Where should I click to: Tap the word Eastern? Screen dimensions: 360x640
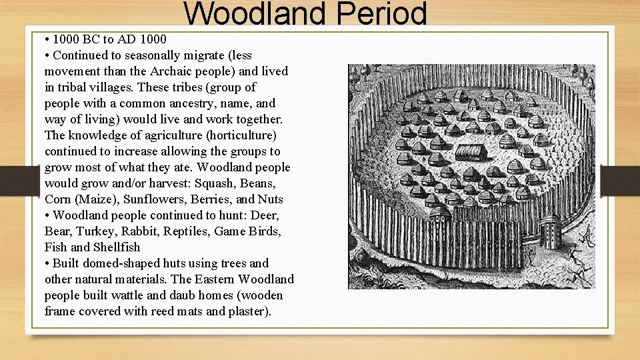[213, 279]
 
